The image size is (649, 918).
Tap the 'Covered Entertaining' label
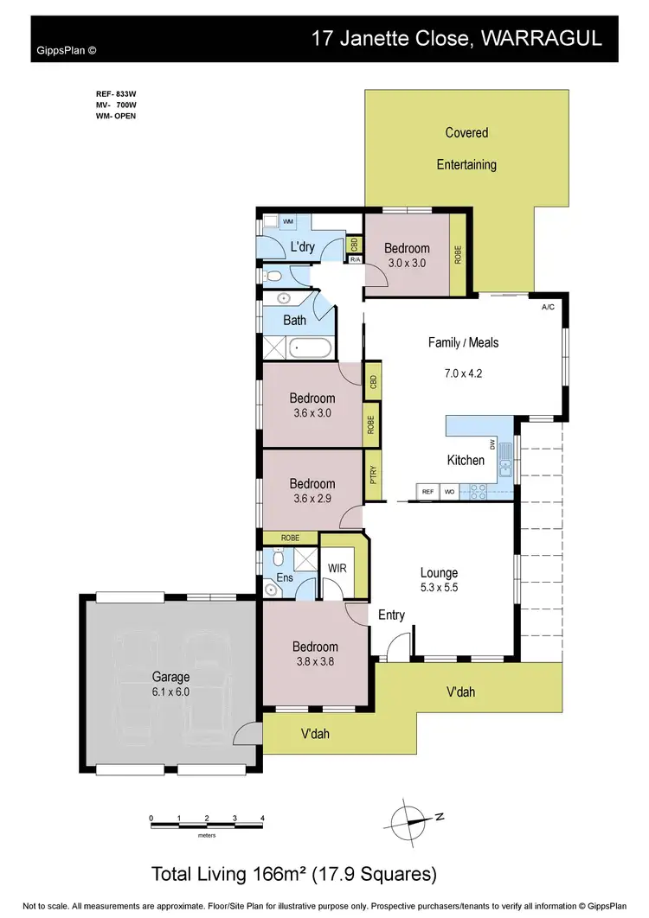466,148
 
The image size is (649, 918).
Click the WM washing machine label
287,222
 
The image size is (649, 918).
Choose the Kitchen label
466,460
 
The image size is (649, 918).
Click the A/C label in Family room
547,307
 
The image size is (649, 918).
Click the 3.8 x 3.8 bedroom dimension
314,662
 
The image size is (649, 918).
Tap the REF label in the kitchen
427,492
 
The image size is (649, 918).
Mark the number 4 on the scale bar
261,817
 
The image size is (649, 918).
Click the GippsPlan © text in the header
67,50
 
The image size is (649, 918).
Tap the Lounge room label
439,572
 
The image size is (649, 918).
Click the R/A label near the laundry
355,258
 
